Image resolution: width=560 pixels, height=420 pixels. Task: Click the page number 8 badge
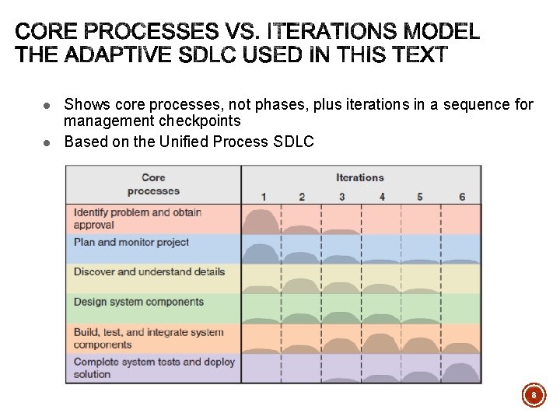[x=534, y=396]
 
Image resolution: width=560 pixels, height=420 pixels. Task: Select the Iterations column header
[x=360, y=177]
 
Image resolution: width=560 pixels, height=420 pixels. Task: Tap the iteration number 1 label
[x=264, y=197]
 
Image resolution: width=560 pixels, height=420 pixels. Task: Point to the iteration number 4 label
[x=382, y=197]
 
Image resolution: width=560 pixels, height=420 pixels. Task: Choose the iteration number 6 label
[x=462, y=197]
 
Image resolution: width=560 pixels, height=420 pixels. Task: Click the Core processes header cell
[x=153, y=184]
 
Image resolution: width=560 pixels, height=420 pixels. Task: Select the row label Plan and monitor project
[x=131, y=243]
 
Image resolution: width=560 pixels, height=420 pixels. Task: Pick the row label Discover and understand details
[x=149, y=272]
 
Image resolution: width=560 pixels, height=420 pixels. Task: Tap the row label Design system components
[x=138, y=302]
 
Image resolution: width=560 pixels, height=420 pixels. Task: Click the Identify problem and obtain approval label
[x=138, y=219]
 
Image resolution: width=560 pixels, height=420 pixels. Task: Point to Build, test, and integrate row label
[x=148, y=338]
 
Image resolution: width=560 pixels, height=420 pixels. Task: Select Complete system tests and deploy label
[x=154, y=368]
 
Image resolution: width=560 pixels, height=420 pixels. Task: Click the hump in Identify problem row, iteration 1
[x=261, y=222]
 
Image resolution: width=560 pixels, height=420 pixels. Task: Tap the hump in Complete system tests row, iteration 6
[x=462, y=373]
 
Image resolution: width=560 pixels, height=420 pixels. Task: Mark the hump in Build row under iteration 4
[x=381, y=344]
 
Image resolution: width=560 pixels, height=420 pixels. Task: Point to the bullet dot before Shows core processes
[x=47, y=105]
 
